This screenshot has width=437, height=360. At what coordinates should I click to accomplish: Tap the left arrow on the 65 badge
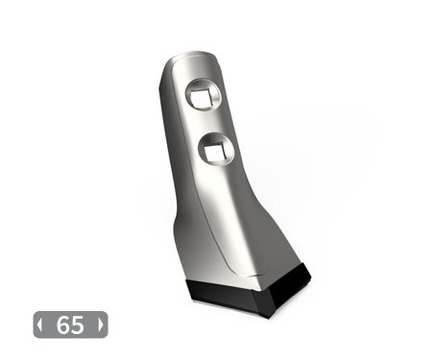pyautogui.click(x=39, y=324)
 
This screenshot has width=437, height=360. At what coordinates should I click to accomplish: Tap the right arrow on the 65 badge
pyautogui.click(x=101, y=324)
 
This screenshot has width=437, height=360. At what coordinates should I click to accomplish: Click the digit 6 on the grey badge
pyautogui.click(x=62, y=325)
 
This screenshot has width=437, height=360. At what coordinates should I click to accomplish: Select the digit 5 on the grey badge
pyautogui.click(x=78, y=325)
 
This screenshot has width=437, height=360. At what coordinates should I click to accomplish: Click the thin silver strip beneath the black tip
pyautogui.click(x=224, y=306)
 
